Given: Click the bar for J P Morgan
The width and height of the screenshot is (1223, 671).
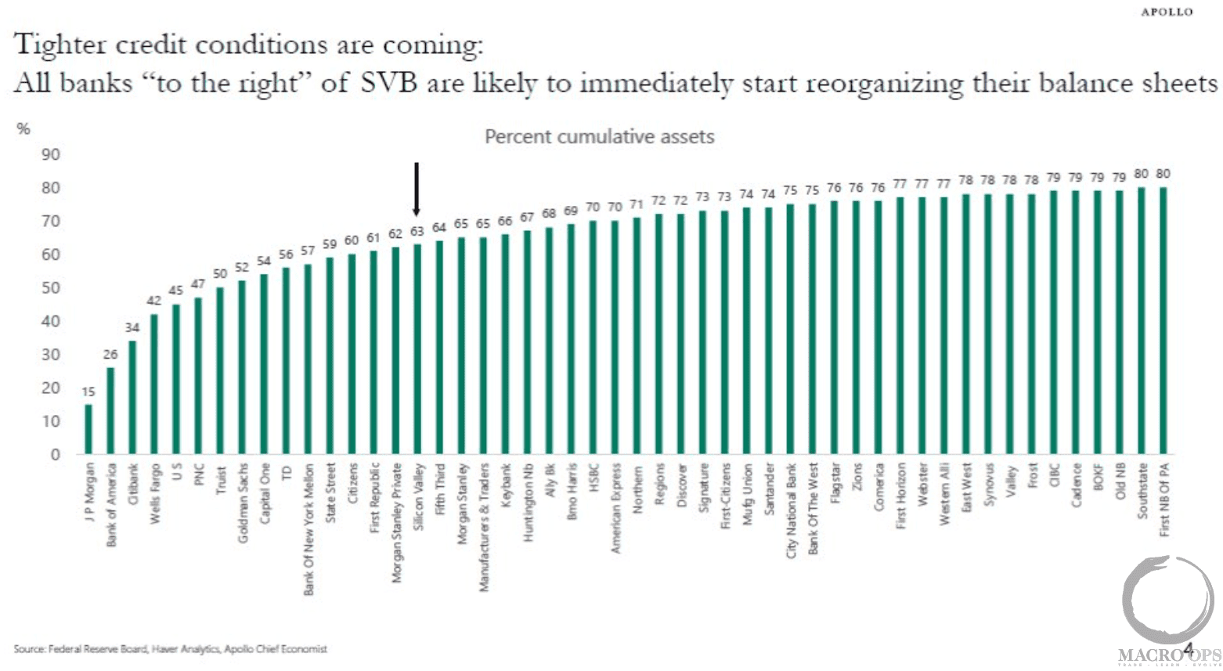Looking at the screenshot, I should coord(88,429).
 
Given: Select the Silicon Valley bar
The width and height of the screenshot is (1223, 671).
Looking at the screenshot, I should coord(417,349).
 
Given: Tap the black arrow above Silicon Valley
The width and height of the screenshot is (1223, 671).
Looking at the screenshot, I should coord(417,189).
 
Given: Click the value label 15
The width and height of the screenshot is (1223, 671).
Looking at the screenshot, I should coord(88,391).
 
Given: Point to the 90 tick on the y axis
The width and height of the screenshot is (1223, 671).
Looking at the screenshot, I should coord(51,154).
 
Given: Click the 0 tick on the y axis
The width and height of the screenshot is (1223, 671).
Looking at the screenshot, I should coord(55,454).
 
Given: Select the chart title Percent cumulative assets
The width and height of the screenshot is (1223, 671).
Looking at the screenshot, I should coord(599,137).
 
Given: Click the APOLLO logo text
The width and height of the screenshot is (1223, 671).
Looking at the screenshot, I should coord(1167,12).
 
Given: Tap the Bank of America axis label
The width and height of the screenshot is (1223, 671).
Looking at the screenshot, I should coord(111,504).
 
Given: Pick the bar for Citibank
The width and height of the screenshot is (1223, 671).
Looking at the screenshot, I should coord(132,397).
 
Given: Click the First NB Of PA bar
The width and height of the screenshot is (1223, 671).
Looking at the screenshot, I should coord(1163,320).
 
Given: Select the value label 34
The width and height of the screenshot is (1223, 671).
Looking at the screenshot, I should coord(132,327).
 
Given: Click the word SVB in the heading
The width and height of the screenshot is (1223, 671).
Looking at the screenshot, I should coord(388,83).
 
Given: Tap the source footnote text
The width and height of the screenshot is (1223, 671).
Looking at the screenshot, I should coord(170,648).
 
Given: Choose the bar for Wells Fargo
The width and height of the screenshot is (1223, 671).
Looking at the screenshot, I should coord(154,384).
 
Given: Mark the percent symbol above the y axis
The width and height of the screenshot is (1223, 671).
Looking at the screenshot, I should coord(23,129).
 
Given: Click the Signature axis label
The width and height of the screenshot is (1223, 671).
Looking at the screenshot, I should coord(703,487).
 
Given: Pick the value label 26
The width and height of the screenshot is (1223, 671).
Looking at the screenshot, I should coord(110,355).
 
